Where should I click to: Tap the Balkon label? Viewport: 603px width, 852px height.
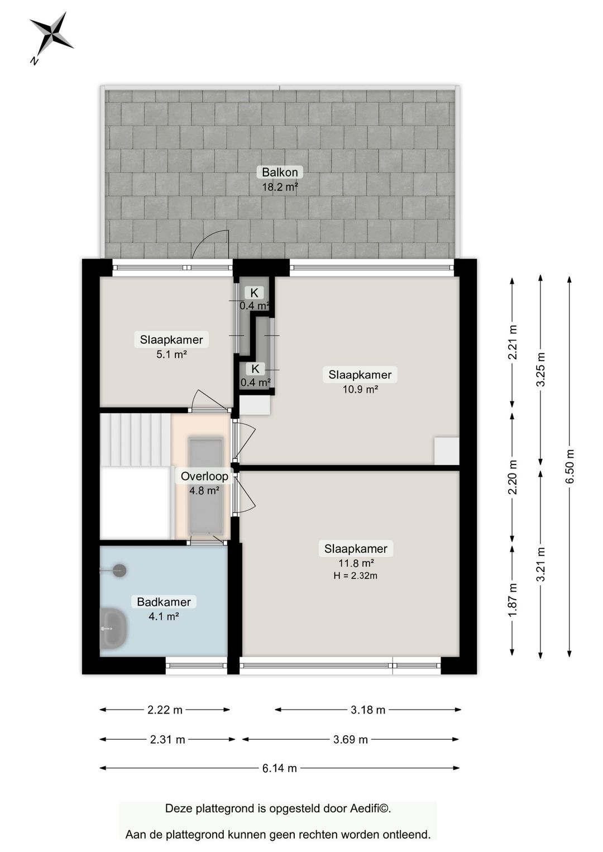(280, 172)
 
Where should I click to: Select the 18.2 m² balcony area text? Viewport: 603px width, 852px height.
(280, 187)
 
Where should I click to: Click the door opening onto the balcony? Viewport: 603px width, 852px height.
(211, 246)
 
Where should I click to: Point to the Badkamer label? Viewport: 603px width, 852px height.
(164, 602)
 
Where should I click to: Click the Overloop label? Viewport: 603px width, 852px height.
(204, 476)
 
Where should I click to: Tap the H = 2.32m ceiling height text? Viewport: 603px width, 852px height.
(355, 576)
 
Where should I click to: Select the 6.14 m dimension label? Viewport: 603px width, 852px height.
(279, 768)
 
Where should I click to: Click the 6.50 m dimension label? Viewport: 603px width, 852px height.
(569, 467)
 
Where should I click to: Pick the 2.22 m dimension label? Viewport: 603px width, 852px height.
(165, 710)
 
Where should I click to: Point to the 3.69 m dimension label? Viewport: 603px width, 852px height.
(350, 739)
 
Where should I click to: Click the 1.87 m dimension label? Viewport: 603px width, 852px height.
(513, 600)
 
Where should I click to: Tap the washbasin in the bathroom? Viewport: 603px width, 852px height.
(113, 628)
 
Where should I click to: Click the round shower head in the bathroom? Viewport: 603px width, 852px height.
(119, 571)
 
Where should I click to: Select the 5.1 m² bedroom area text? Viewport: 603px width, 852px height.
(171, 354)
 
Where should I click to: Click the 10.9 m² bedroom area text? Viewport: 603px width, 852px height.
(360, 389)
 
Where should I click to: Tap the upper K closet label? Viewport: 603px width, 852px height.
(254, 293)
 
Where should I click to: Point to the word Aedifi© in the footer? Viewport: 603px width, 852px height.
(370, 808)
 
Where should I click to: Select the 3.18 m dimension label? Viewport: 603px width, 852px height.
(367, 710)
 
